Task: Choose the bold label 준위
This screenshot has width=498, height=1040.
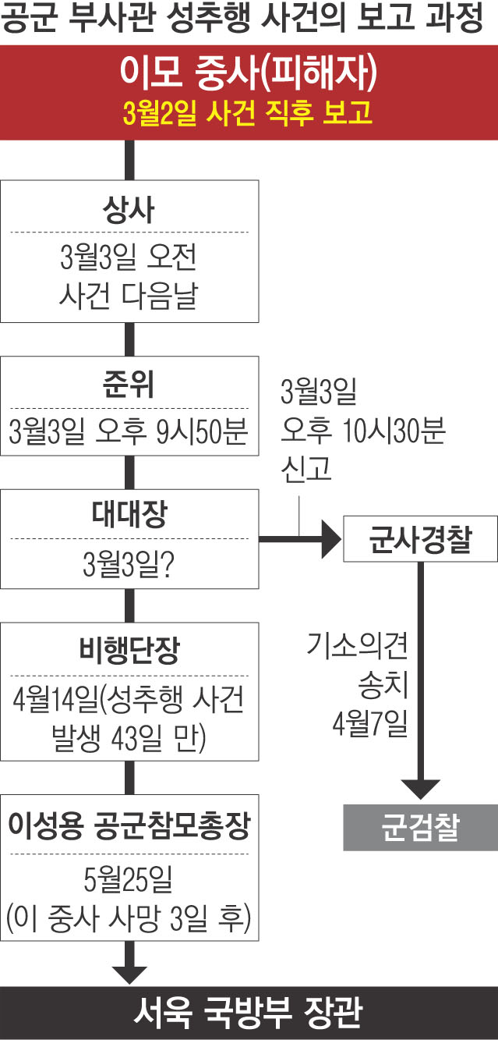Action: pyautogui.click(x=129, y=384)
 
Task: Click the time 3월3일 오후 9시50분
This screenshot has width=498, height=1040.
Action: pyautogui.click(x=129, y=431)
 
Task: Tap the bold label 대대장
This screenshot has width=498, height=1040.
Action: pyautogui.click(x=129, y=516)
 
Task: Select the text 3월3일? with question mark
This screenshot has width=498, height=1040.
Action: pyautogui.click(x=129, y=563)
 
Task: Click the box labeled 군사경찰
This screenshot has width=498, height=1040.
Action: pyautogui.click(x=420, y=539)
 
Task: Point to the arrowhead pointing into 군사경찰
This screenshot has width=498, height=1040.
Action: pyautogui.click(x=330, y=539)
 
